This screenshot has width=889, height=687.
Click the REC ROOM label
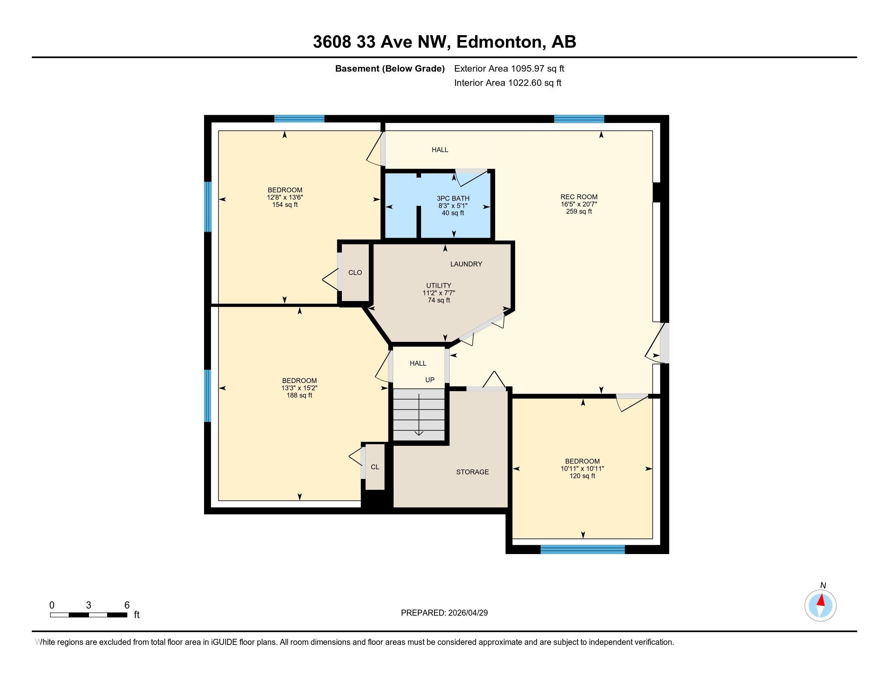click(579, 197)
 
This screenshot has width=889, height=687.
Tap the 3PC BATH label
click(453, 198)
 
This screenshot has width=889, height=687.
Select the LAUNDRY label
click(466, 264)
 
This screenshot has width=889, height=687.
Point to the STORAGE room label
click(472, 472)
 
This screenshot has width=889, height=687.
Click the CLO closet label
click(355, 273)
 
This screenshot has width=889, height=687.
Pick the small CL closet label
click(375, 467)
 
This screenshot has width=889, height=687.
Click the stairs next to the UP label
click(419, 414)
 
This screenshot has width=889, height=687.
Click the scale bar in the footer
click(89, 615)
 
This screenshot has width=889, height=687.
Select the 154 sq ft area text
click(285, 205)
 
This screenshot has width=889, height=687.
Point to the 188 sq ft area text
click(299, 395)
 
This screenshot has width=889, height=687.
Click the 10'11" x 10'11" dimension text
click(582, 468)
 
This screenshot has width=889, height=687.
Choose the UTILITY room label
click(438, 286)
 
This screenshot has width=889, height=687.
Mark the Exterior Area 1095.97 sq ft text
click(509, 68)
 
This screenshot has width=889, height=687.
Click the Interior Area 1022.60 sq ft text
click(508, 82)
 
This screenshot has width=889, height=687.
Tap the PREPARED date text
click(444, 613)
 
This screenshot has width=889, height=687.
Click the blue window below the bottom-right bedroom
click(582, 550)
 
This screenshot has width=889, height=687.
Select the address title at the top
click(444, 42)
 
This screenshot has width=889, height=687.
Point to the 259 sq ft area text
click(579, 212)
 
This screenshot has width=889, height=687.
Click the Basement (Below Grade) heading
click(390, 68)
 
